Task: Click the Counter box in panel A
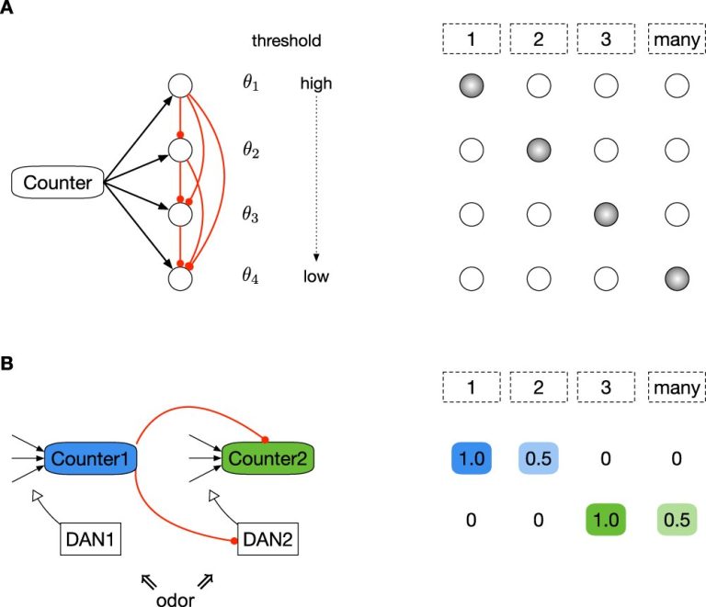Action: (58, 183)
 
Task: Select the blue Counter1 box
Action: (90, 458)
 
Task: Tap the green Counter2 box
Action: (268, 458)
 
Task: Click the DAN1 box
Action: (90, 539)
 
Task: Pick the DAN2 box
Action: (268, 539)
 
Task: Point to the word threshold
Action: (287, 40)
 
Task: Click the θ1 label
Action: (251, 83)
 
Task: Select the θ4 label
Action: (251, 275)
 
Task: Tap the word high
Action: (316, 84)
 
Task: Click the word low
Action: (316, 276)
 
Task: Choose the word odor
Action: (176, 600)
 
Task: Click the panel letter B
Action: (6, 364)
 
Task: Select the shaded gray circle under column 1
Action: (472, 85)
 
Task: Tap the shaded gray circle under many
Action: (677, 278)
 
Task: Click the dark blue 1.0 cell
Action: (472, 458)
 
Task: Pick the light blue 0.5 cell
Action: (539, 458)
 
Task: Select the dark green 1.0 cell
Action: (606, 520)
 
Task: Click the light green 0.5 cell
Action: (677, 520)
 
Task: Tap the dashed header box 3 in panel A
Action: (606, 39)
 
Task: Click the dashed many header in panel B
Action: (677, 388)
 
